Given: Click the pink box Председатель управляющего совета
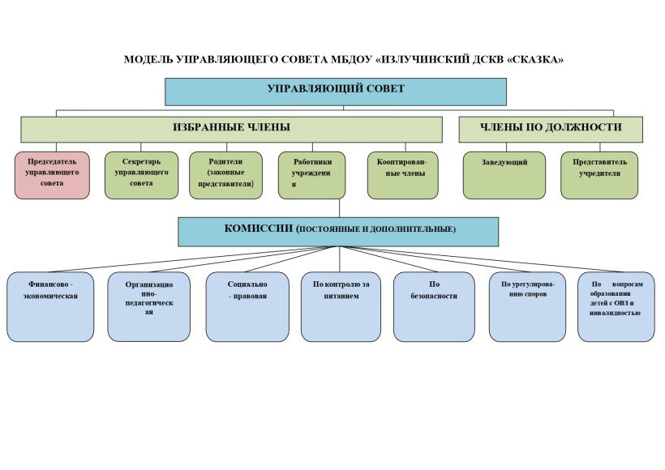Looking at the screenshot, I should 52,175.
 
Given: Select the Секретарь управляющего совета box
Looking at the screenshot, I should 141,175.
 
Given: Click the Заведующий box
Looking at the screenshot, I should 504,175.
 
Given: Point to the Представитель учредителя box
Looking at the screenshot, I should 599,175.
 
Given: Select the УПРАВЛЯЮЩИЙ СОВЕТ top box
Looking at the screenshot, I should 336,91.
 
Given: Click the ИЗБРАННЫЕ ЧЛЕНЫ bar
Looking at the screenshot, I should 231,129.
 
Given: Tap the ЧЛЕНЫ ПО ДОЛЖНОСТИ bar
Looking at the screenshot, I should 551,129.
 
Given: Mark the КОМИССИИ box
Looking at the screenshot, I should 339,230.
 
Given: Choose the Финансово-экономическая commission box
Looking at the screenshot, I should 50,305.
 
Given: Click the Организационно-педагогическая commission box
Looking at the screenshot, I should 149,305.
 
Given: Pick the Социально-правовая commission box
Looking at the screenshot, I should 247,305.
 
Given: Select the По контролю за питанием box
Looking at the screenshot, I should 341,305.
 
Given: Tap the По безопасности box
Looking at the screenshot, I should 434,305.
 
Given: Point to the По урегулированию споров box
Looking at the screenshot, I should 528,305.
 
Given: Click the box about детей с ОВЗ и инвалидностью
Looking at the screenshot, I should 616,305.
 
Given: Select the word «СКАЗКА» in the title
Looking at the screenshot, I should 534,60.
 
